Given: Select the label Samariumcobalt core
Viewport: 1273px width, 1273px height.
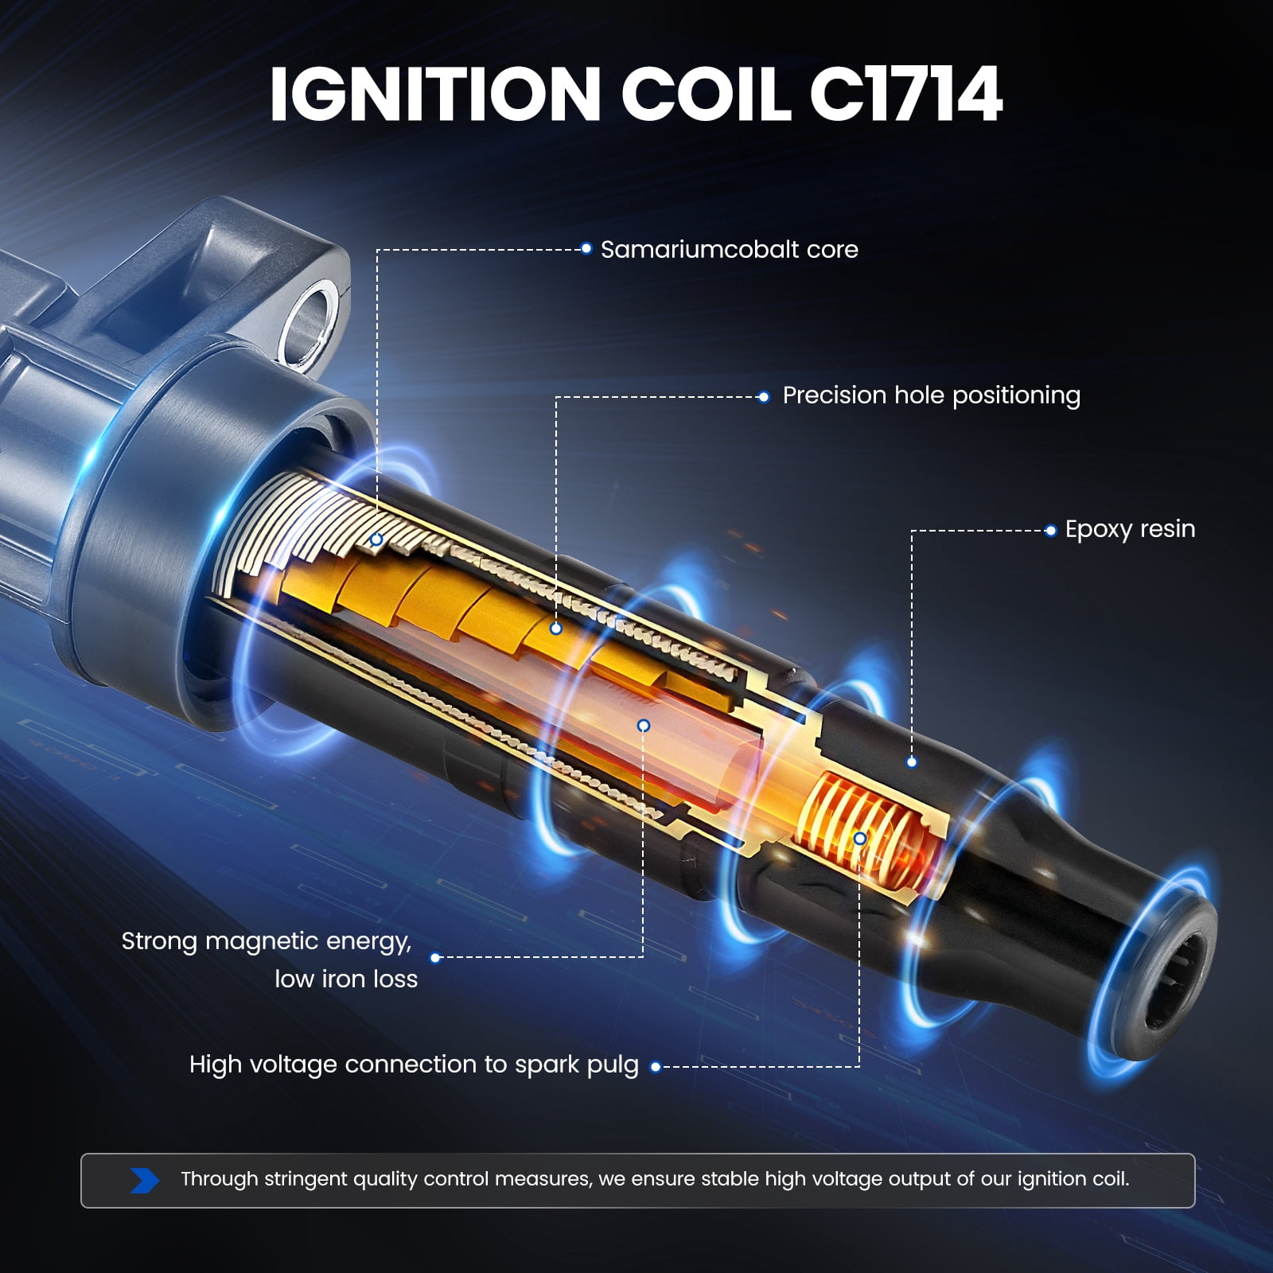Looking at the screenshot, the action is click(730, 250).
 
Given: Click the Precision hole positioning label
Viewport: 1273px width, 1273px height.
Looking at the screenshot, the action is click(932, 395).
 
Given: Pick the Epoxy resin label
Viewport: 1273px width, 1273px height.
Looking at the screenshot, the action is click(1131, 529).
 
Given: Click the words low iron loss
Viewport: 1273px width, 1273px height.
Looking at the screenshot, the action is click(346, 979).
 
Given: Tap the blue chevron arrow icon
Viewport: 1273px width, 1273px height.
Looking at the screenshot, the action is click(145, 1181).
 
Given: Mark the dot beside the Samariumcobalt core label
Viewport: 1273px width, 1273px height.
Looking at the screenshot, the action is click(586, 249).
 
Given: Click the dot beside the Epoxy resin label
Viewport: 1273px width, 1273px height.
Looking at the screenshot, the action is click(1050, 531).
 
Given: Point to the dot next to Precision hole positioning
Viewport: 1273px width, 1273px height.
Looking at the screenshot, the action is click(764, 397).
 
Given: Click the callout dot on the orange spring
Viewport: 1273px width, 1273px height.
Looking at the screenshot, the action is click(860, 839).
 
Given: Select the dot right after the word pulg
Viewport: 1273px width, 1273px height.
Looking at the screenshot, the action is click(656, 1067).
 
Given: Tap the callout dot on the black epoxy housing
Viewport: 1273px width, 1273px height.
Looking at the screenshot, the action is click(912, 762).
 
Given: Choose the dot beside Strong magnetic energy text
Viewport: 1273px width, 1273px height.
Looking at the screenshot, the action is click(435, 958).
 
